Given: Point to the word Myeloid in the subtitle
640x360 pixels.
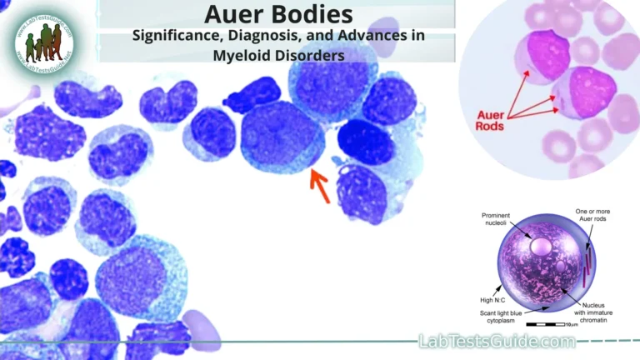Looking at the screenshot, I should click(242, 56).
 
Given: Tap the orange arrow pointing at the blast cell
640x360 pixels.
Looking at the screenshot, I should click(319, 184).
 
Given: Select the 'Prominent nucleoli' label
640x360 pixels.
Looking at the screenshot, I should click(501, 220).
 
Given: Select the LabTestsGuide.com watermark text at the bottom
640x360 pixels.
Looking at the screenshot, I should click(496, 342).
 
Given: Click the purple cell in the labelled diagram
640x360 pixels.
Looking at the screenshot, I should click(542, 267).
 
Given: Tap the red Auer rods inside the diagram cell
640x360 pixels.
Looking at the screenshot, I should click(587, 262).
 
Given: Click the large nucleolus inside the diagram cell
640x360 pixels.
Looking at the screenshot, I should click(540, 247).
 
